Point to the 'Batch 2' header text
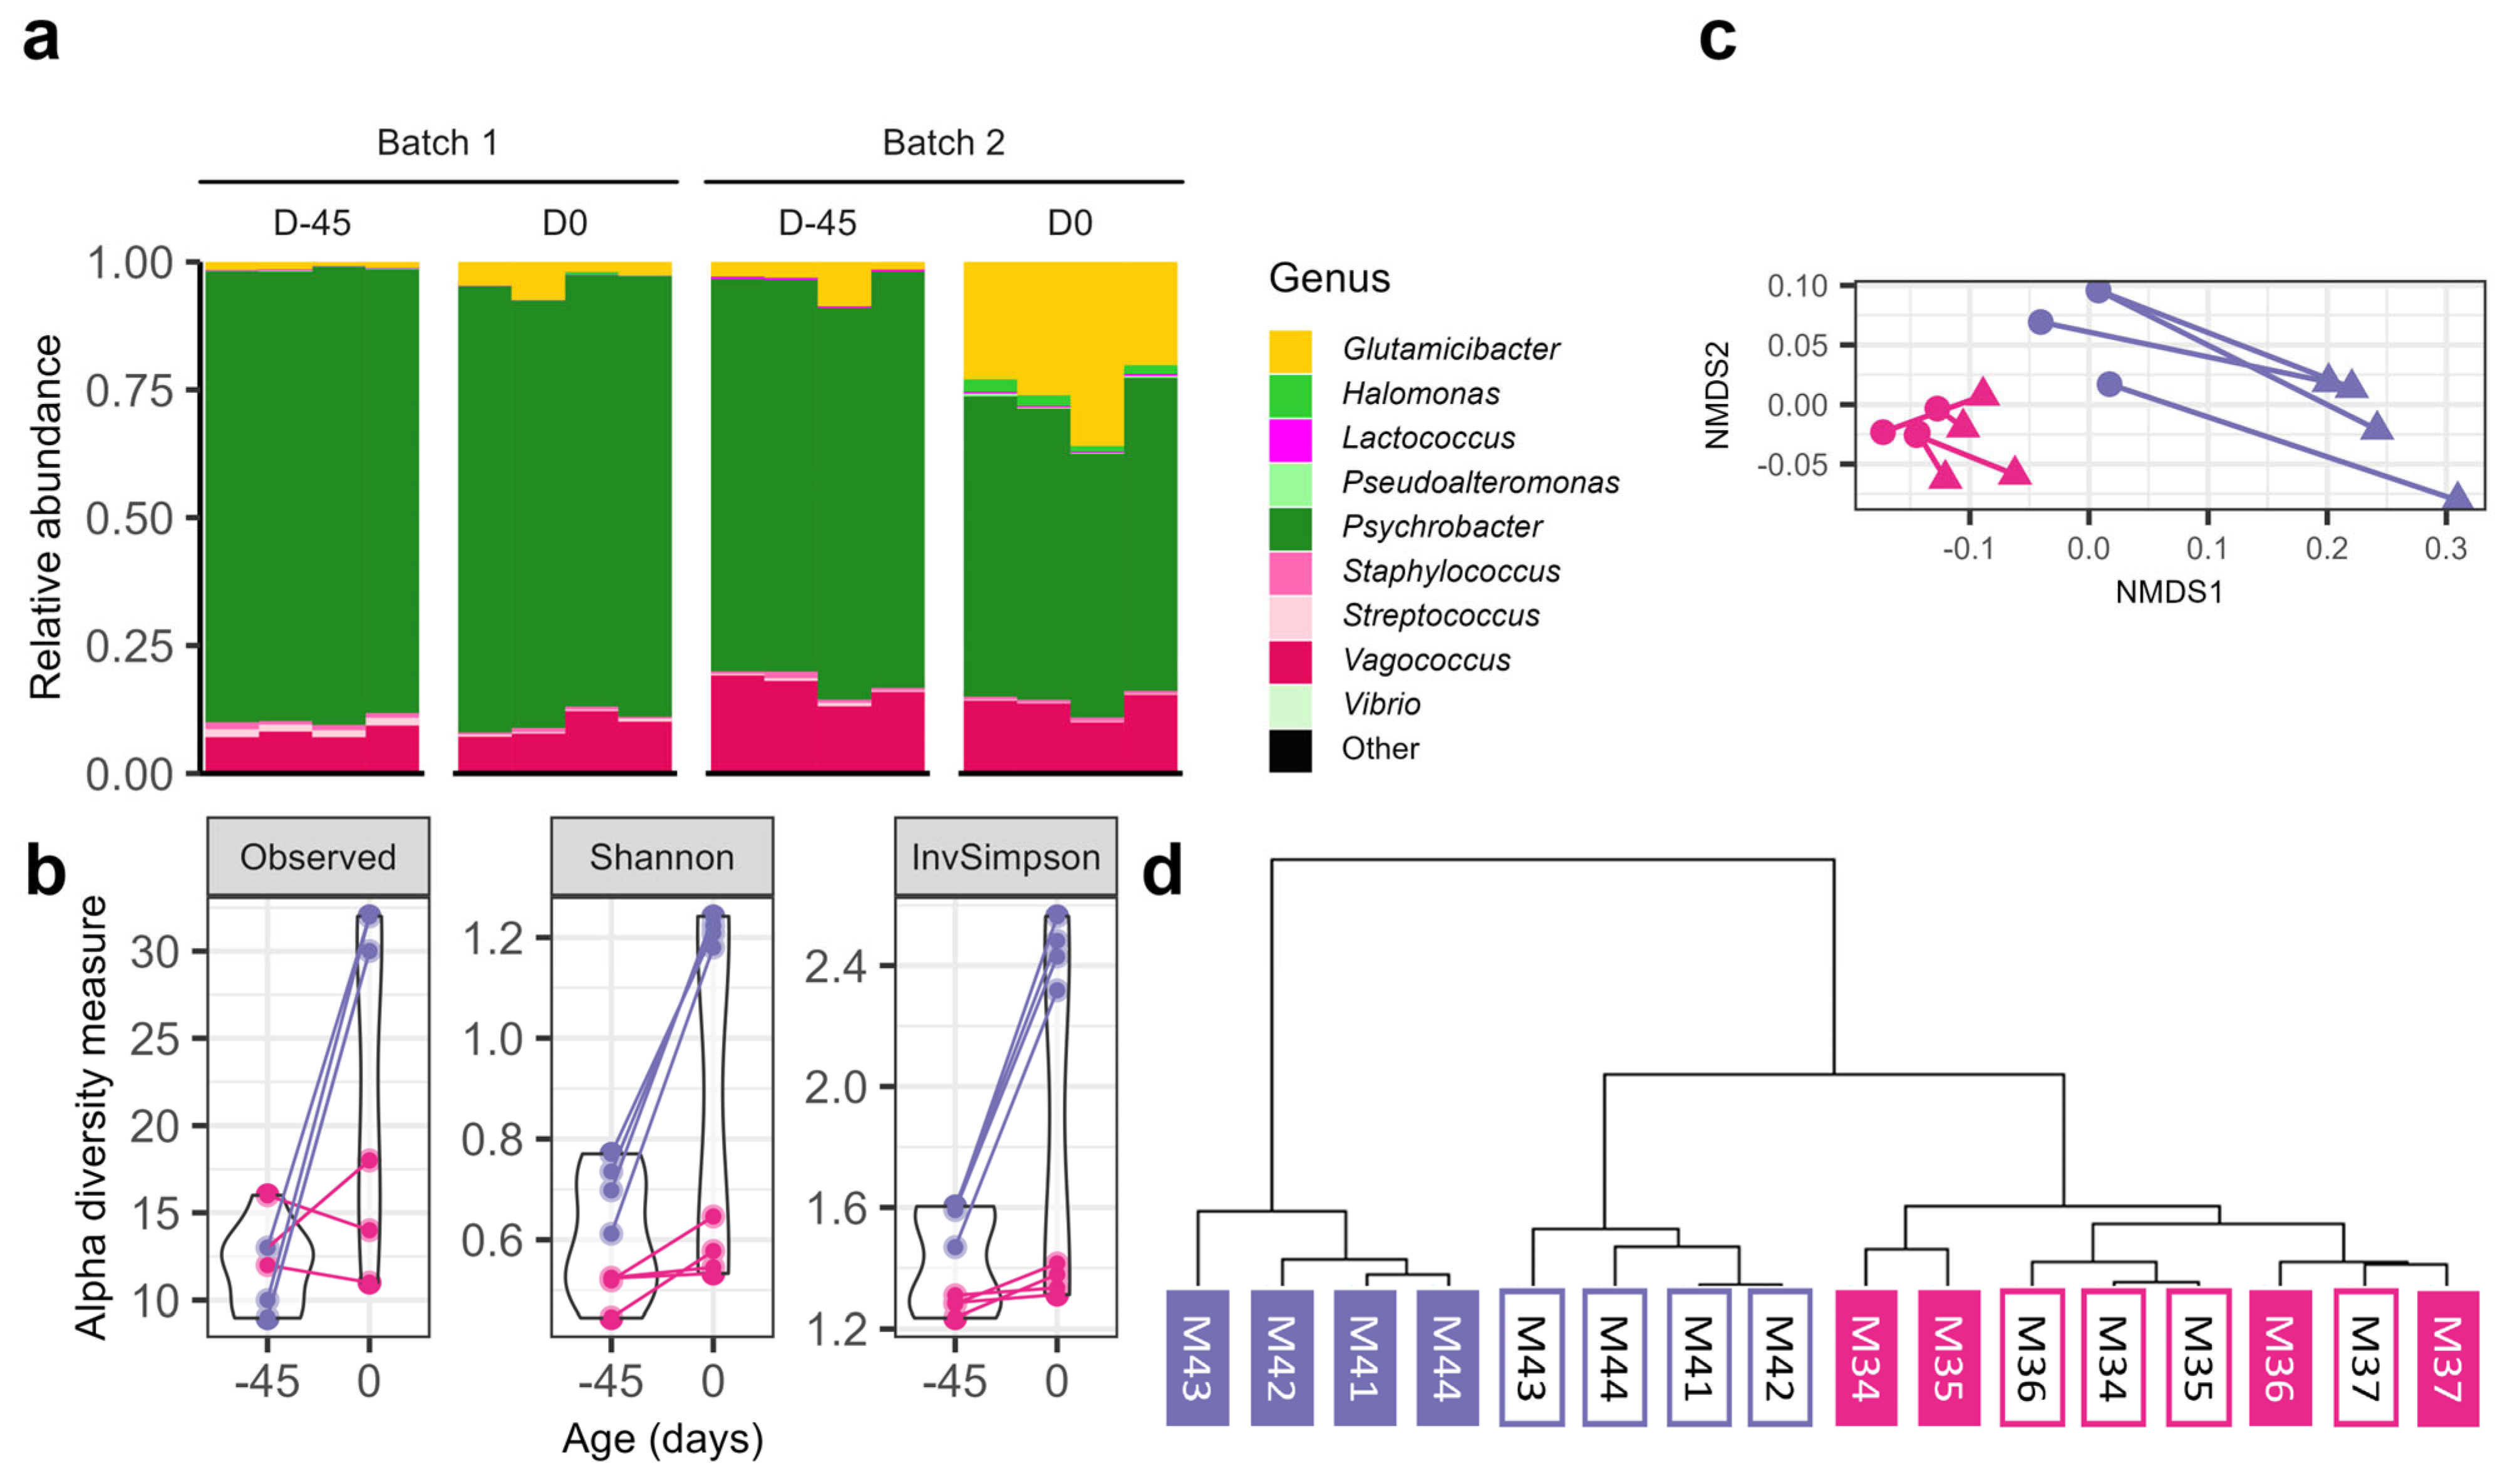point(943,143)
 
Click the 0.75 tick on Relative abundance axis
point(130,391)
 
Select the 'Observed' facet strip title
point(318,857)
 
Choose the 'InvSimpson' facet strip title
point(1005,857)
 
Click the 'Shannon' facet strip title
point(661,857)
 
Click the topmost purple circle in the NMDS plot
point(2099,291)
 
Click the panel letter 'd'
point(1162,871)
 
